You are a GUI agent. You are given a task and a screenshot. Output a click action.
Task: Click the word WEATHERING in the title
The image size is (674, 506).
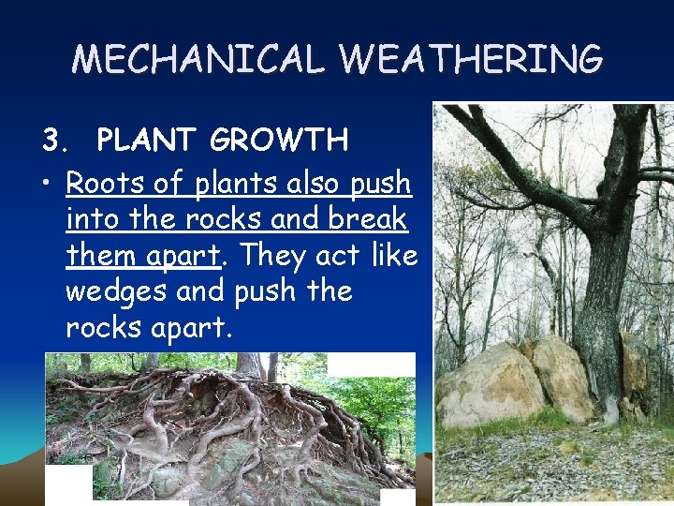[472, 59]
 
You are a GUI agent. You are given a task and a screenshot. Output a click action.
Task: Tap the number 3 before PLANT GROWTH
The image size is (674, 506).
[53, 141]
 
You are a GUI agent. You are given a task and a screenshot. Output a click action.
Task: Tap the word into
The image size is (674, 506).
[93, 218]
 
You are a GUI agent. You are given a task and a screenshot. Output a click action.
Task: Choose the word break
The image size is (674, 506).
[372, 218]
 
